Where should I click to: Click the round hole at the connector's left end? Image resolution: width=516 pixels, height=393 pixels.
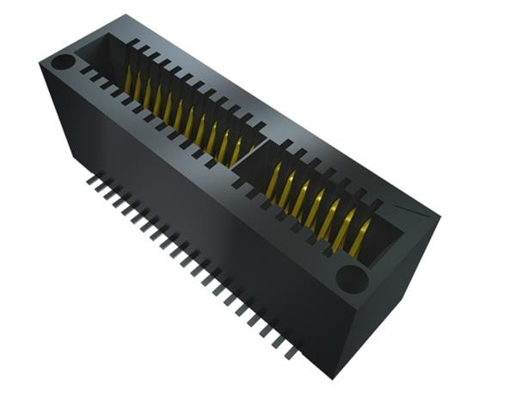tap(62, 63)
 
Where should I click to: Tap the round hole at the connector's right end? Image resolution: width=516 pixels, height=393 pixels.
tap(351, 277)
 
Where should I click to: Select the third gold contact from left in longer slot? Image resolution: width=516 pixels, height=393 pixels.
tap(148, 93)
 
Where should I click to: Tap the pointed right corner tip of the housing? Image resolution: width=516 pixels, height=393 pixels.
tap(438, 215)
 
